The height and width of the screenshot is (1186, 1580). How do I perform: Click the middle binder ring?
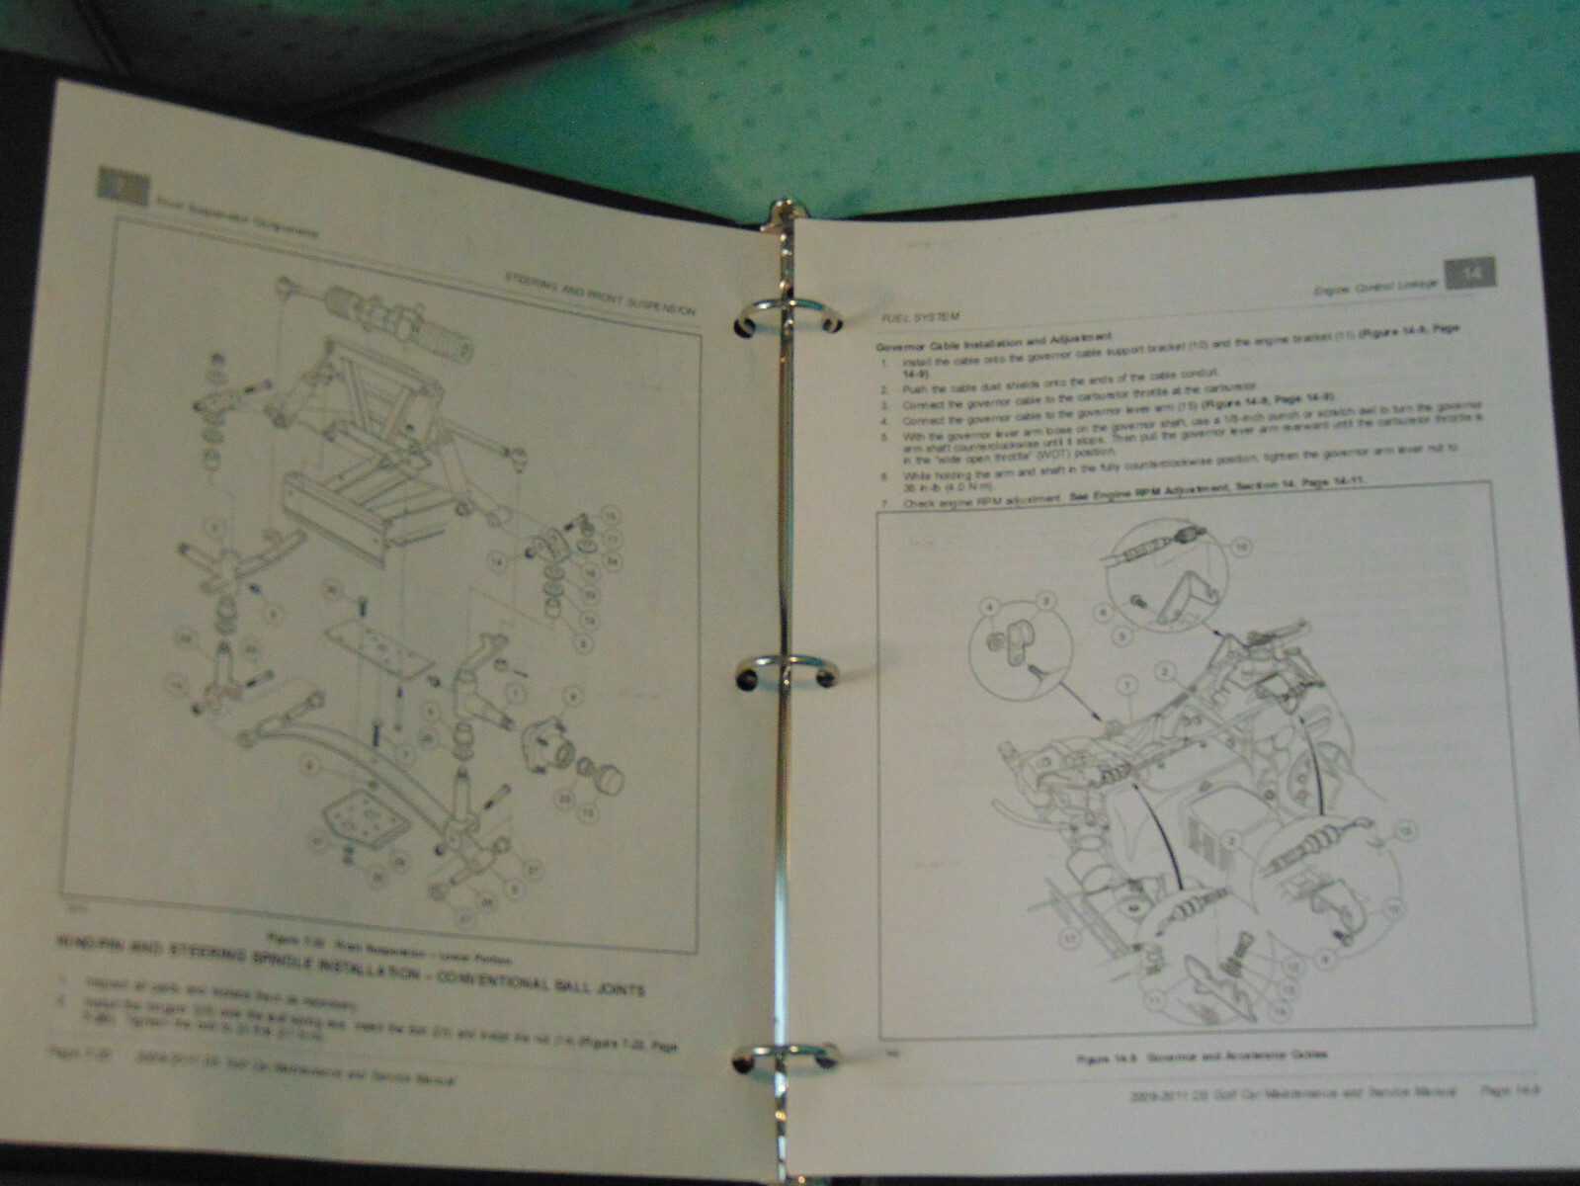(783, 671)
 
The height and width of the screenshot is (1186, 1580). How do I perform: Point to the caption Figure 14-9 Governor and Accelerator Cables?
(1202, 1056)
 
